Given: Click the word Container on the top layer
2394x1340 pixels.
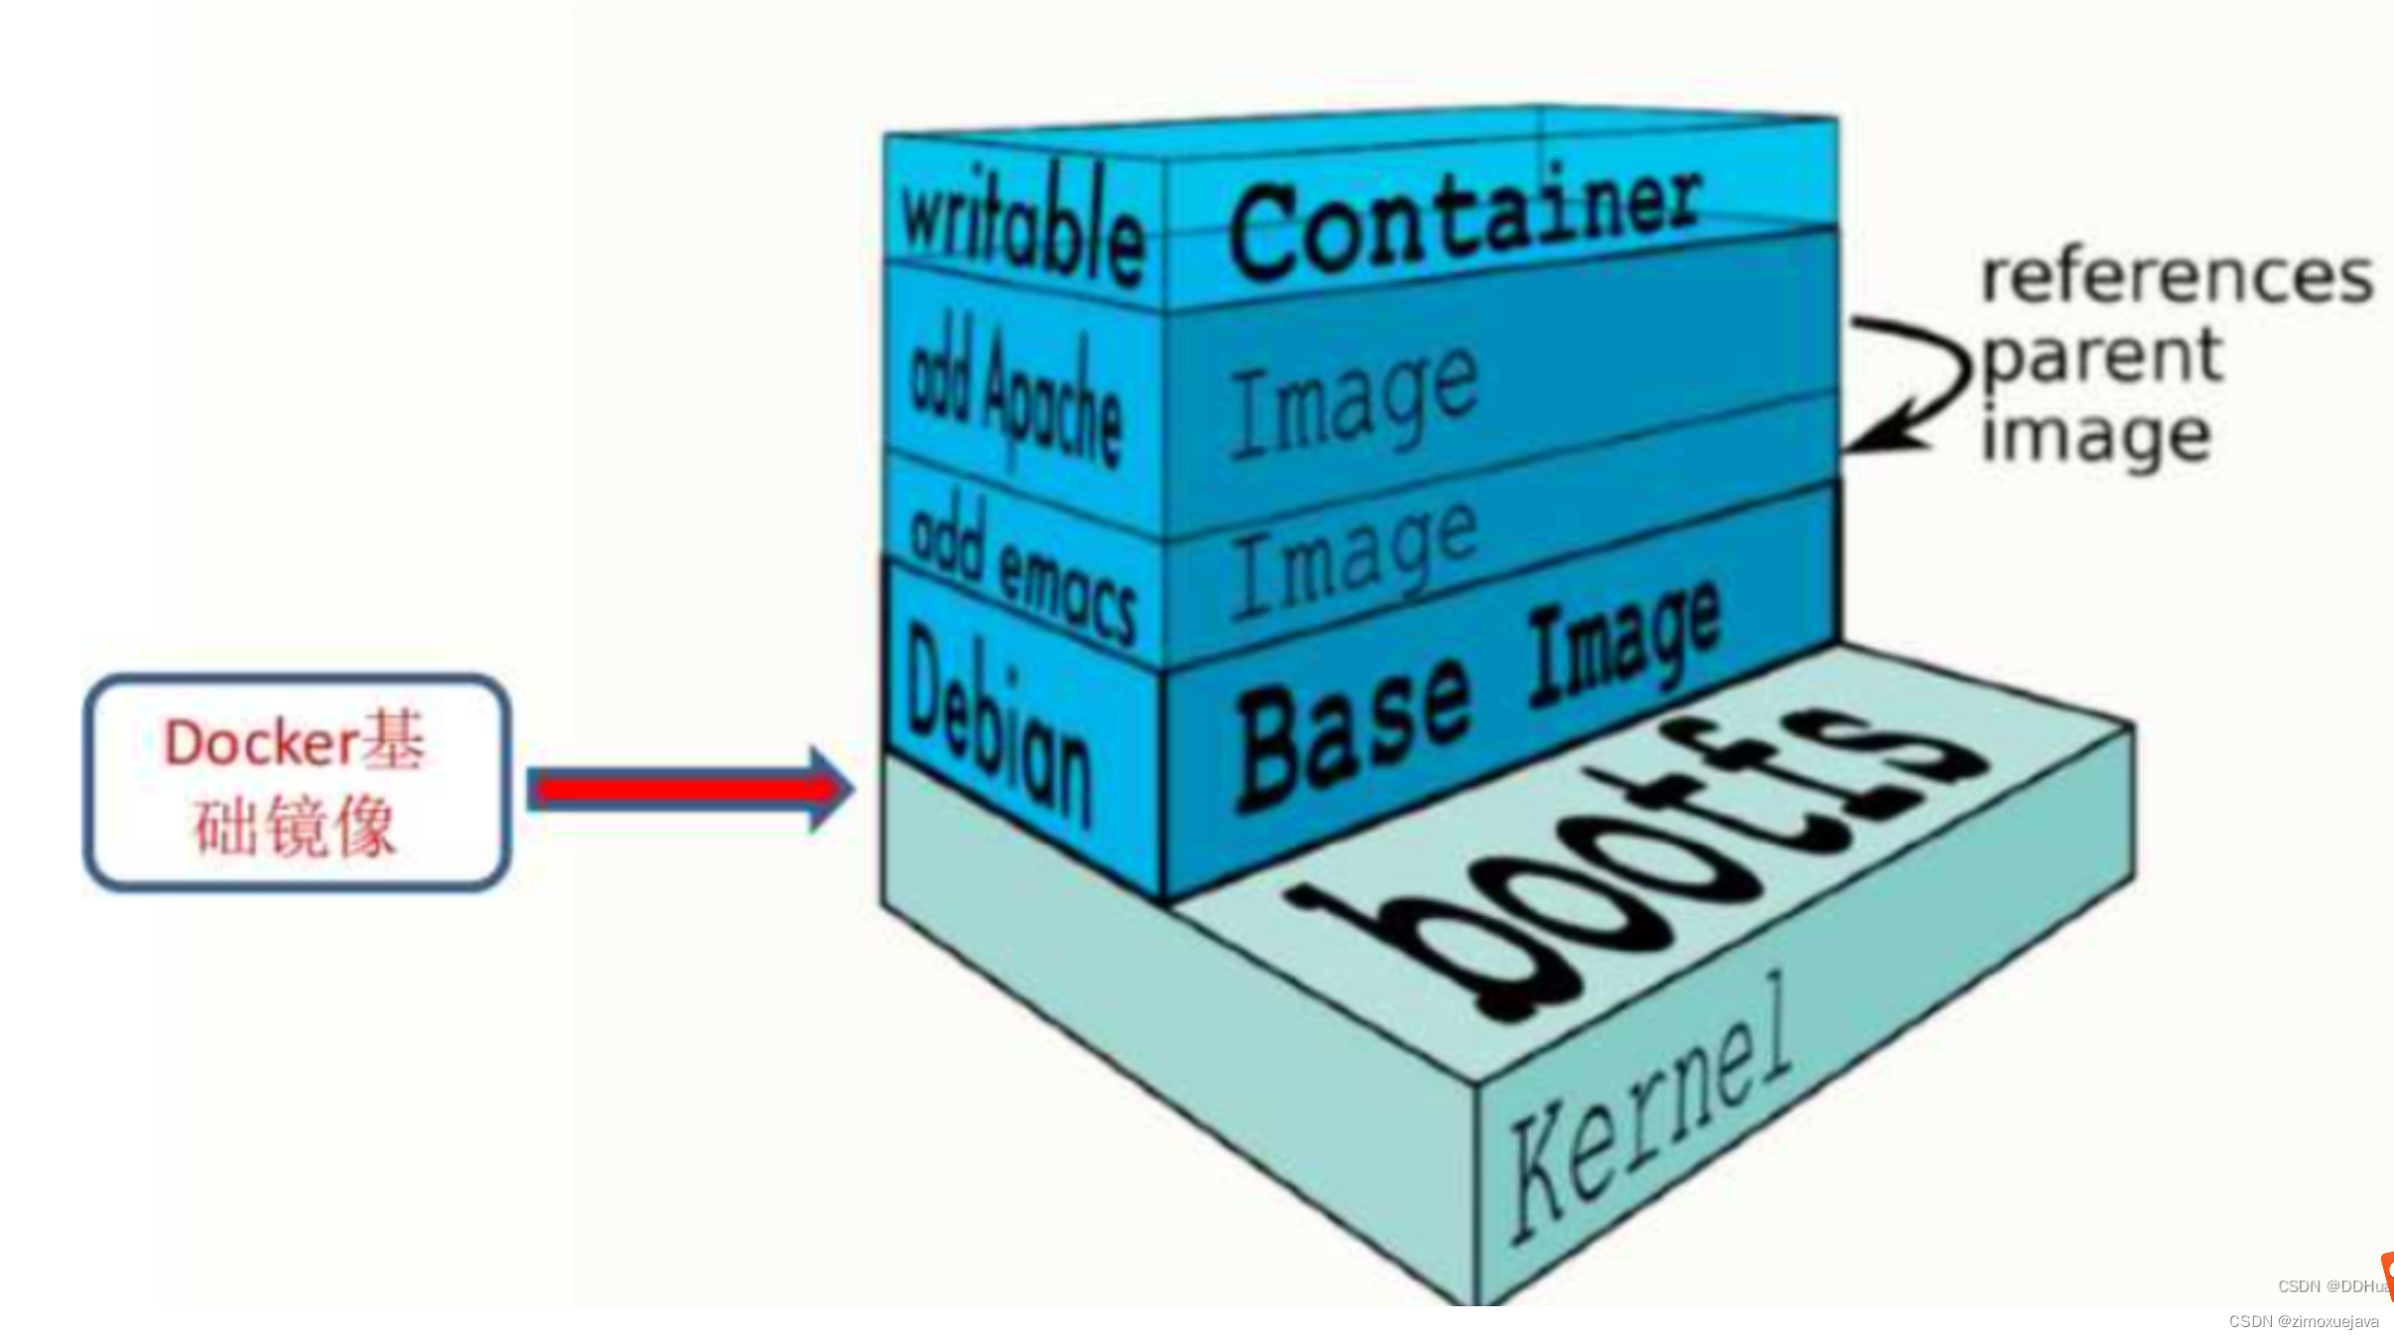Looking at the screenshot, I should click(1464, 223).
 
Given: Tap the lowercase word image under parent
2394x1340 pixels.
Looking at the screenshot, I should click(2095, 438).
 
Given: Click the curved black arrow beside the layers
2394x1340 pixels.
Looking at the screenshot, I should click(1911, 382).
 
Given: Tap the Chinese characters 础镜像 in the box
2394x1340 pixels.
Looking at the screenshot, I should click(295, 826).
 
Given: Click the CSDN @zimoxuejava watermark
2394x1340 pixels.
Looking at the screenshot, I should click(2303, 1322).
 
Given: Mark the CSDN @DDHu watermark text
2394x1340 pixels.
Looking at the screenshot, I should click(2331, 1286).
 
